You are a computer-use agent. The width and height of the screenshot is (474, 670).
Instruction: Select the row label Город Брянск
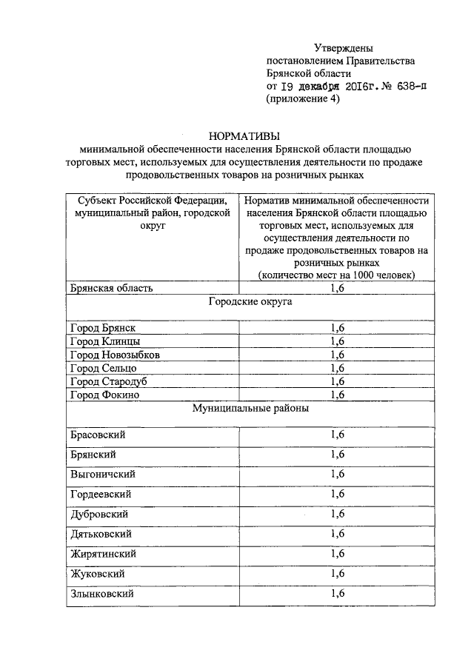(x=103, y=328)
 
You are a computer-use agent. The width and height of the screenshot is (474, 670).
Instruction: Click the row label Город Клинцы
(x=104, y=341)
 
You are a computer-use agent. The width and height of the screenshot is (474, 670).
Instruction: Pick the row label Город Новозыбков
(x=115, y=355)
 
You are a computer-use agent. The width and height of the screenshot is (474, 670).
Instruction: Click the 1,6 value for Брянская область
(x=338, y=288)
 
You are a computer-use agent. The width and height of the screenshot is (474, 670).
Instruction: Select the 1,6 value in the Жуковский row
(x=338, y=573)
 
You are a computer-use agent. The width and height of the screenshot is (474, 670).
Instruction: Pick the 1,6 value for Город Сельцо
(x=338, y=368)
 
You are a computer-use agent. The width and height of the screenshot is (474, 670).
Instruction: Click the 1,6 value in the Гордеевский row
(x=338, y=493)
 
